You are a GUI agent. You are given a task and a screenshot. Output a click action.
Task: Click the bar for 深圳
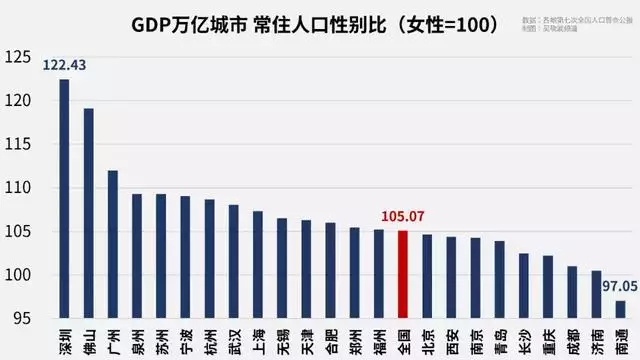pos(64,200)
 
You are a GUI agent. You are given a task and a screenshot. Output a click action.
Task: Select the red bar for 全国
pos(403,274)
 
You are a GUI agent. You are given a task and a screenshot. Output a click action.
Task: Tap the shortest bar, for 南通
pos(620,309)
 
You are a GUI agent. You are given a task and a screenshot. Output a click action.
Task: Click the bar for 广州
pos(113,244)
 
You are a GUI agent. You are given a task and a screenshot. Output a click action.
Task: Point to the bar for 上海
pos(258,264)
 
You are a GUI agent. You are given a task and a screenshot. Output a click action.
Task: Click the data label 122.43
pos(63,66)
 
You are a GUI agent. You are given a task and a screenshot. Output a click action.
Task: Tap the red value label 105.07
pos(402,216)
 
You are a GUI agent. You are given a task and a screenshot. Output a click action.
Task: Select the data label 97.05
pos(617,286)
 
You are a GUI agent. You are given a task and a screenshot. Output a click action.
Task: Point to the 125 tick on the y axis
pos(18,58)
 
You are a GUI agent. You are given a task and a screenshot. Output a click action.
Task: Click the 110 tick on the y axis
pos(18,188)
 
